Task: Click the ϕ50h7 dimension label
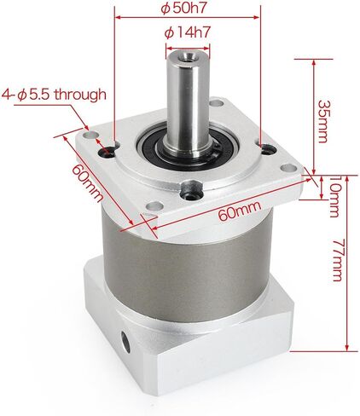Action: pos(183,9)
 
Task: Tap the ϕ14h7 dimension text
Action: pos(187,33)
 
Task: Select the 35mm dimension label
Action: pos(322,121)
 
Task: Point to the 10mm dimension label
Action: pos(334,196)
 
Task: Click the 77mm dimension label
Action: pos(339,260)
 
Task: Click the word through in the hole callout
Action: pos(80,94)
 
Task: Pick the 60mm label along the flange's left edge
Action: pos(87,183)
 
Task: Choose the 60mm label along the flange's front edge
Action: pos(240,211)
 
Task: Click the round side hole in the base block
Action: pos(125,342)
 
